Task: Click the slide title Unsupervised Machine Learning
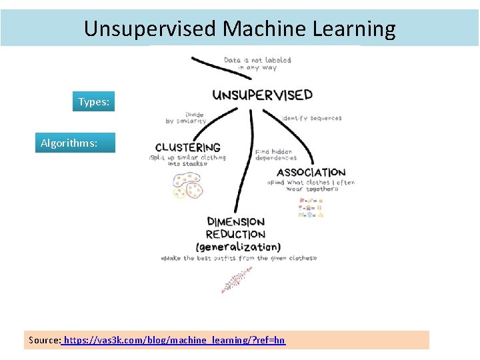(239, 29)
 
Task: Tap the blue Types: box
(93, 102)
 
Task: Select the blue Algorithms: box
(75, 143)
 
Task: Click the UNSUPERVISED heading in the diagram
(262, 95)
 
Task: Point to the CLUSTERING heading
(187, 147)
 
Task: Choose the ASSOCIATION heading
(311, 173)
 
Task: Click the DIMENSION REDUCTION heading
(235, 228)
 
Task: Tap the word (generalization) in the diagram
(243, 246)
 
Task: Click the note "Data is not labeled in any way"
(257, 64)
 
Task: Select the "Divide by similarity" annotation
(186, 118)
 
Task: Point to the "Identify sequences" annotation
(312, 118)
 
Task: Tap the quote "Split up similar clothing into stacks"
(187, 161)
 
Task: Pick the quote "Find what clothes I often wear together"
(311, 185)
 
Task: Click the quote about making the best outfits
(239, 258)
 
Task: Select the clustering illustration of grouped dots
(187, 185)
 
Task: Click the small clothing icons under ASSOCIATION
(311, 208)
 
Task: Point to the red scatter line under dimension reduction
(237, 279)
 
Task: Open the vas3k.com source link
(174, 340)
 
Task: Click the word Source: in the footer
(45, 340)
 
